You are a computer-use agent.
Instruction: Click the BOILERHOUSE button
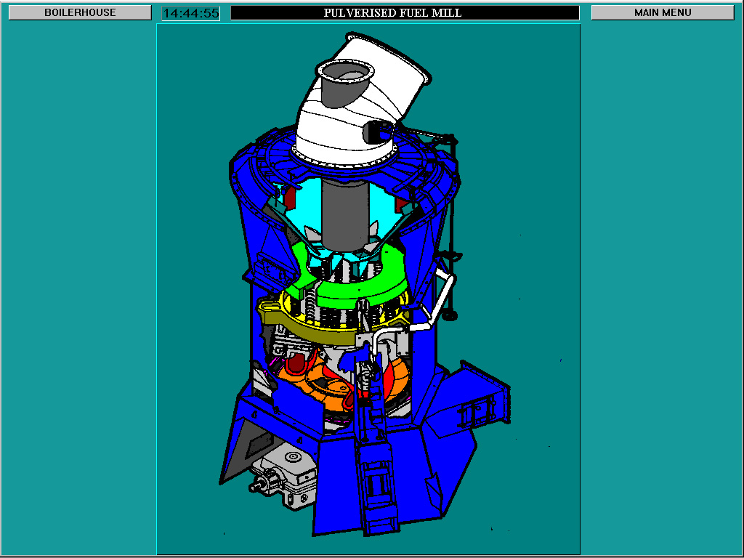(x=80, y=12)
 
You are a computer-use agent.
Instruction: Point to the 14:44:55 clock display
(x=190, y=13)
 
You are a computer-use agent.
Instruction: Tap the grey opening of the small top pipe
(x=344, y=73)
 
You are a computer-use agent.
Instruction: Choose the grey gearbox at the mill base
(x=291, y=472)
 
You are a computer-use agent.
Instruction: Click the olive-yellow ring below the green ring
(x=305, y=323)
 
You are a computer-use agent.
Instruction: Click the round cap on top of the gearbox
(x=294, y=457)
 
